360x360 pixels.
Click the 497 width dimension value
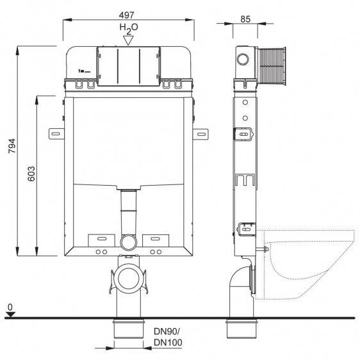coord(126,15)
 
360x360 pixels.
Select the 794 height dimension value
coord(12,146)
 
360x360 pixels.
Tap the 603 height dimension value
coord(31,174)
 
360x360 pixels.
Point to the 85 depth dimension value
coord(245,19)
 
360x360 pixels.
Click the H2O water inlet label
coord(129,28)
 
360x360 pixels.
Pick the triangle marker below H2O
coord(128,40)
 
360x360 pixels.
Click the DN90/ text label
coord(167,331)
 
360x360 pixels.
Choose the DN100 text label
coord(168,342)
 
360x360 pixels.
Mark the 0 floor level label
coord(10,307)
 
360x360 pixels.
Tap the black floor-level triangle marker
coord(10,315)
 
